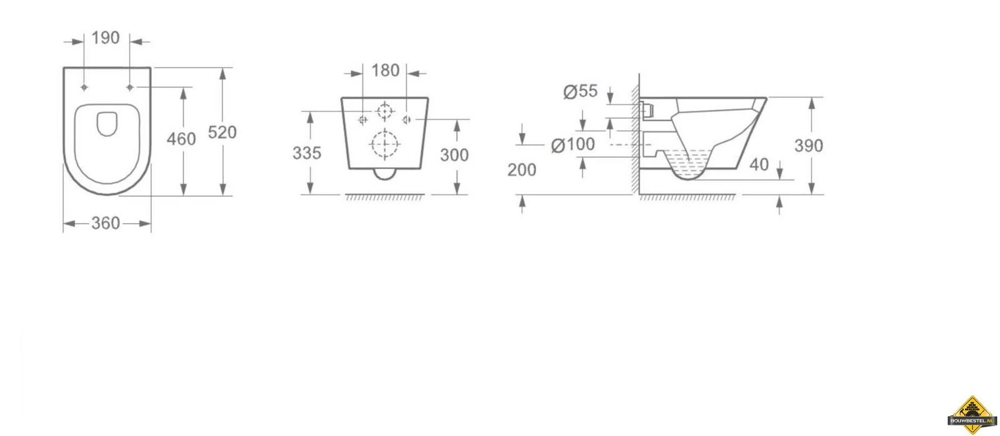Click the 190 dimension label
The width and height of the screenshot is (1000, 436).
106,38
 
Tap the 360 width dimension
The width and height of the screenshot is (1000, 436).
106,223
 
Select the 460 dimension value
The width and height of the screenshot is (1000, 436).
181,139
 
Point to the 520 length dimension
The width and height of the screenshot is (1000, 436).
222,132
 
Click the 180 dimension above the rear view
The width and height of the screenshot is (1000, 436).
385,71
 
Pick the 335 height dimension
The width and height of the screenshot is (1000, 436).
307,153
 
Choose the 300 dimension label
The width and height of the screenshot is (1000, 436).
454,155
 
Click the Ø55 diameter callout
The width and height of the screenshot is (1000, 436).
581,91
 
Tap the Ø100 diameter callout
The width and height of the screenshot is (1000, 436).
572,144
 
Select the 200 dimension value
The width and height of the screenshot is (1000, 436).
522,170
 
